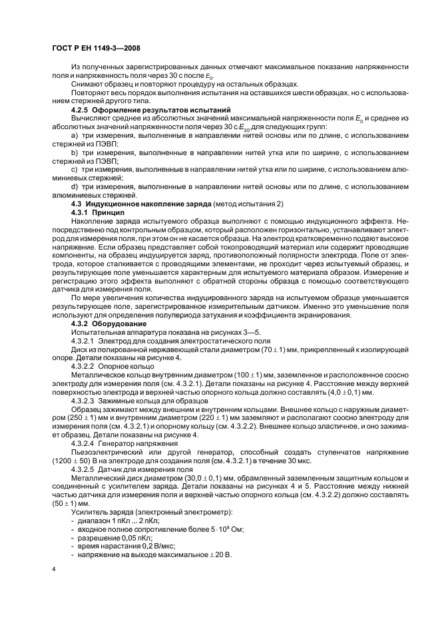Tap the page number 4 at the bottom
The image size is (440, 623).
[55, 568]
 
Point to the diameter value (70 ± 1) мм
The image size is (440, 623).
[280, 348]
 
